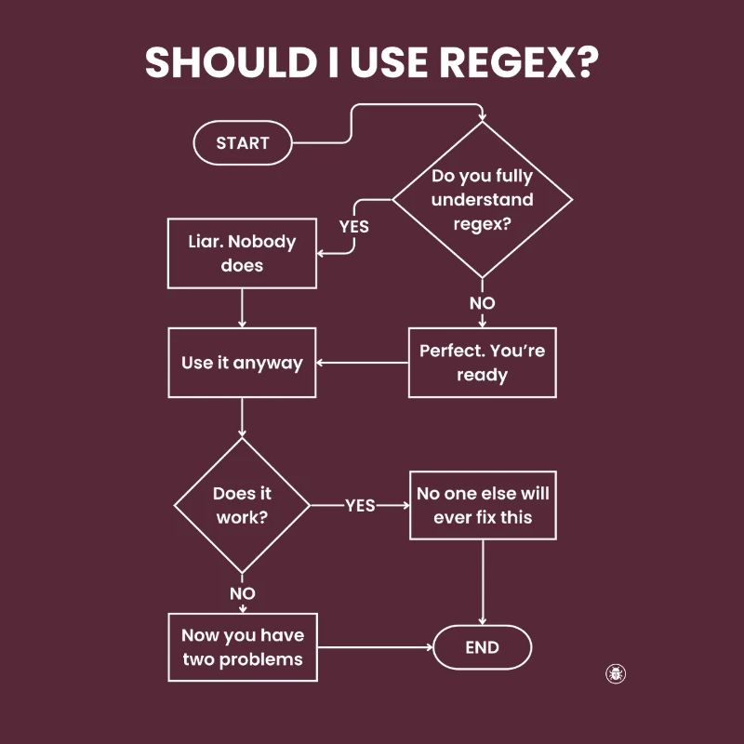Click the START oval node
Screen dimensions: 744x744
pyautogui.click(x=242, y=143)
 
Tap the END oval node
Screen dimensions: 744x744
pyautogui.click(x=482, y=648)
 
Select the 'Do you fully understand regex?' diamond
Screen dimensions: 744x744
pyautogui.click(x=482, y=200)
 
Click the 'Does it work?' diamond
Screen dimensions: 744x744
pyautogui.click(x=242, y=505)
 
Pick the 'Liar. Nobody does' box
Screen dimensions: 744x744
pyautogui.click(x=242, y=253)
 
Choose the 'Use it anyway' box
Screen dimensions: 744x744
pyautogui.click(x=242, y=363)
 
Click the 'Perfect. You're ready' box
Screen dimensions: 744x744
pyautogui.click(x=482, y=363)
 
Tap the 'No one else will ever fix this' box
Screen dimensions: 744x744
pyautogui.click(x=483, y=505)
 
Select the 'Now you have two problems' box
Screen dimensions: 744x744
pyautogui.click(x=242, y=647)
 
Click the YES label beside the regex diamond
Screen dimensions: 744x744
pyautogui.click(x=353, y=226)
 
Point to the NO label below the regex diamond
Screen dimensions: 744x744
pyautogui.click(x=482, y=303)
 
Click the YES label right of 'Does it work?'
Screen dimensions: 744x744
pyautogui.click(x=360, y=505)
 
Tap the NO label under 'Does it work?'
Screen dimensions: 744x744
pyautogui.click(x=242, y=593)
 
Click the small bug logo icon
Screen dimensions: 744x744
pyautogui.click(x=615, y=673)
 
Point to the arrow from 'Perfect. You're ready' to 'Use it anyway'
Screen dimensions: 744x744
pyautogui.click(x=363, y=363)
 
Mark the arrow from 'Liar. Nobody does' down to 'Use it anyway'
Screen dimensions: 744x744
pyautogui.click(x=242, y=308)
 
